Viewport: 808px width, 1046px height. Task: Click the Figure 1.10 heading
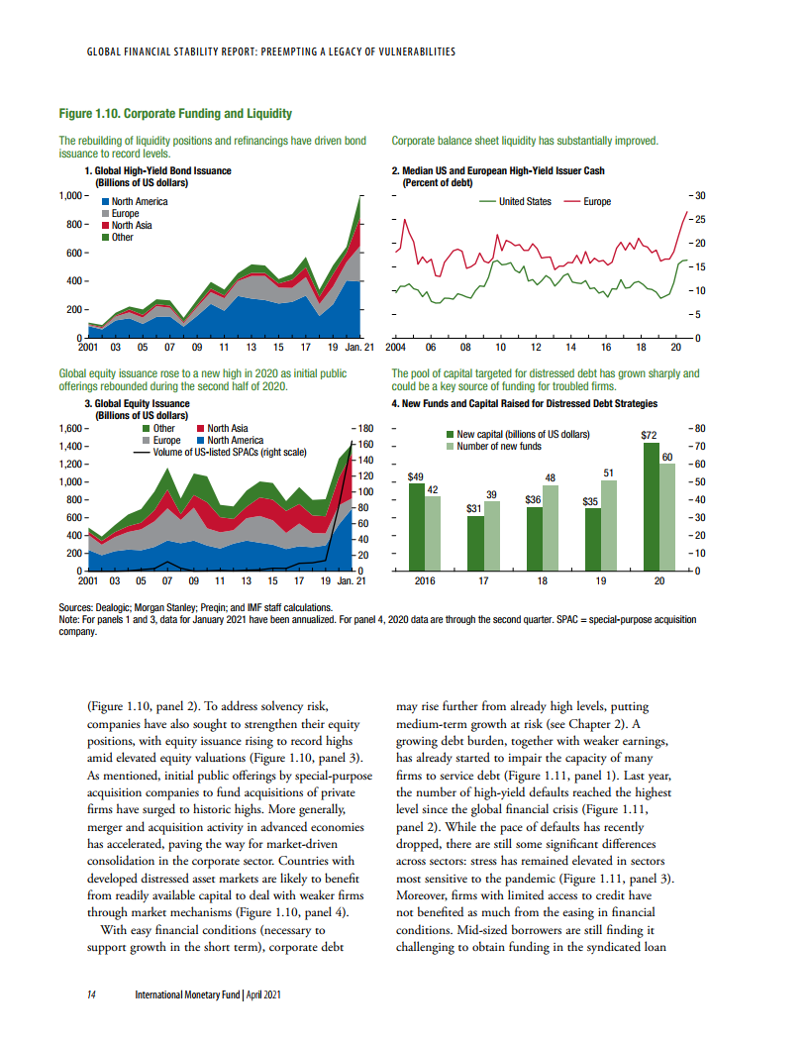(x=175, y=114)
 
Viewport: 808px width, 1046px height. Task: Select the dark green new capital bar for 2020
(x=651, y=506)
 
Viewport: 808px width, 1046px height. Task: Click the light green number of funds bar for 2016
(x=432, y=533)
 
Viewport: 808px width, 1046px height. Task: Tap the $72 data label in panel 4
(x=651, y=435)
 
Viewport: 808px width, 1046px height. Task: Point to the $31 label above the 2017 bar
(x=474, y=508)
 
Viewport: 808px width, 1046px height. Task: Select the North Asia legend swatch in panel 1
(x=106, y=226)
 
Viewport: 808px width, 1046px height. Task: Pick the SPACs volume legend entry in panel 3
(x=219, y=452)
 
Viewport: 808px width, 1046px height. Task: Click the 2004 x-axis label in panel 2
(x=396, y=349)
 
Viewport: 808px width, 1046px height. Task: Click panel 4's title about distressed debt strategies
(x=524, y=404)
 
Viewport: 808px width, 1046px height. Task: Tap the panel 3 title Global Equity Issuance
(x=138, y=404)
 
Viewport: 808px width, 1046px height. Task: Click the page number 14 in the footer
(x=89, y=994)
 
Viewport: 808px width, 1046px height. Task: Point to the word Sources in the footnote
(x=78, y=607)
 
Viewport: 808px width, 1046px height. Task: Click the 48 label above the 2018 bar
(x=550, y=478)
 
